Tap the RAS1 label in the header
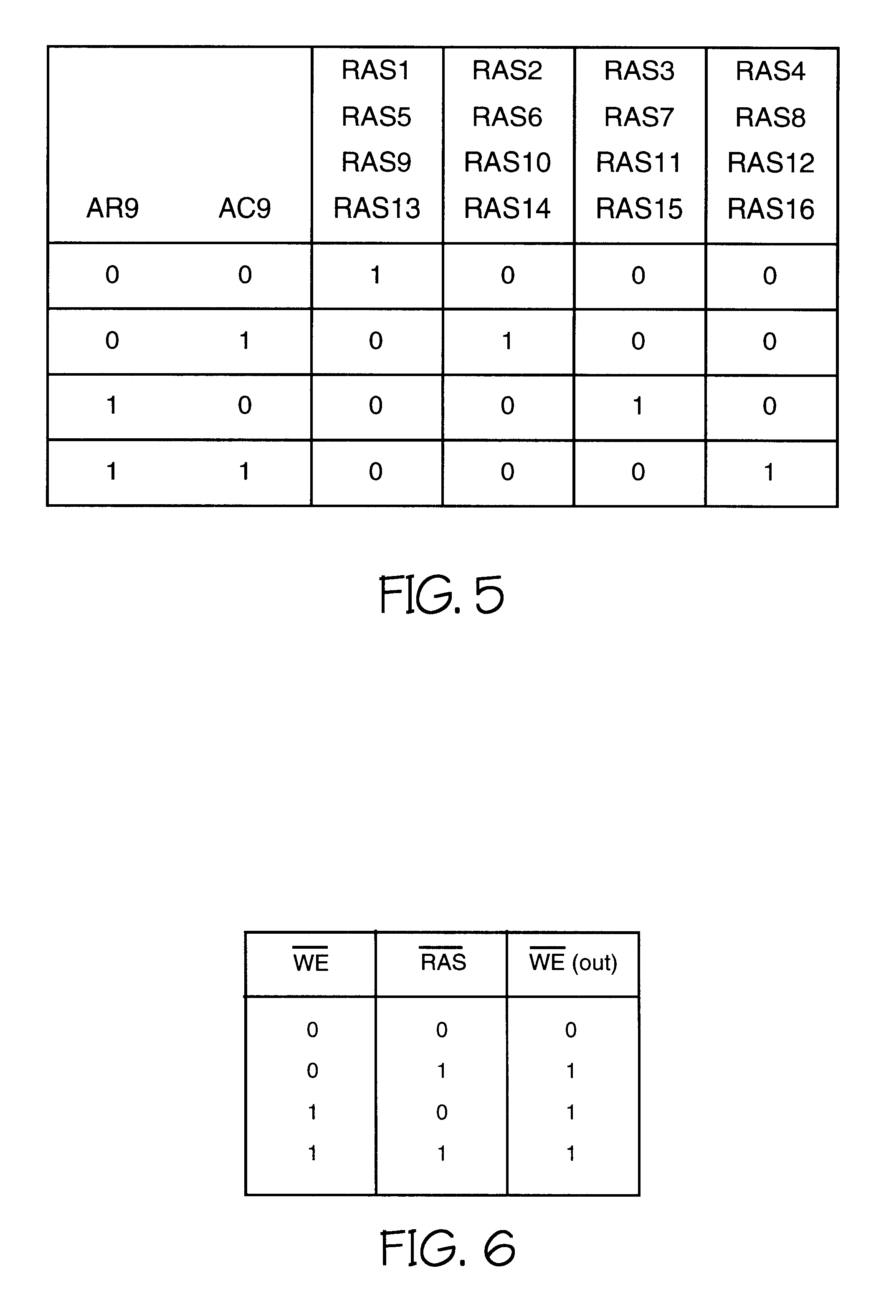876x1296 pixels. (x=375, y=70)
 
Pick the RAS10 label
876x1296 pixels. (x=507, y=162)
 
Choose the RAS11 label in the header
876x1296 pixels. (x=639, y=163)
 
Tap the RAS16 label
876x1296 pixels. (x=770, y=209)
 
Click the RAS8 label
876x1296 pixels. (x=770, y=118)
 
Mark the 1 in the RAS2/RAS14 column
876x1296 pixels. (x=507, y=341)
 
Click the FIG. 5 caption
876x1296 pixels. (x=441, y=595)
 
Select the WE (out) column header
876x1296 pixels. (x=573, y=962)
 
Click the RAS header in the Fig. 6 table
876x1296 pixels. (x=443, y=962)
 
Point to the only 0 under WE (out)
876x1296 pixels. (x=571, y=1029)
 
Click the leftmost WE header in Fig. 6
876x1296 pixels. (x=311, y=962)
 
